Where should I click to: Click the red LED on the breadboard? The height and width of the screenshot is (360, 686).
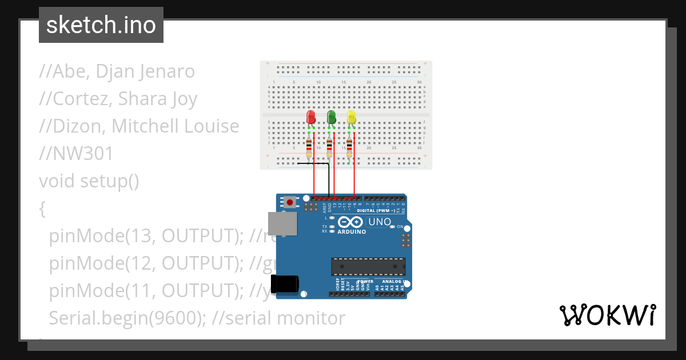[311, 117]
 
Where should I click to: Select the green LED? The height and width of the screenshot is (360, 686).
[331, 117]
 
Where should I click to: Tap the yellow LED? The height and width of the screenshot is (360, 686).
[351, 117]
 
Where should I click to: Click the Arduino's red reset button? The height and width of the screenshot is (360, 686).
[290, 202]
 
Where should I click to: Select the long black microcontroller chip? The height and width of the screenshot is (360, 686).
[368, 267]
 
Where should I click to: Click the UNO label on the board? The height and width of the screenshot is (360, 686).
[380, 222]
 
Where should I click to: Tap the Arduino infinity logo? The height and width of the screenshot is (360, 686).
[350, 222]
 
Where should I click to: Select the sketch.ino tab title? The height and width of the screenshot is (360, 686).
[101, 25]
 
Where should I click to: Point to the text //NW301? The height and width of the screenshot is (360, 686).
[76, 154]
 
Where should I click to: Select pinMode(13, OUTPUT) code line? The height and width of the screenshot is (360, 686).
[142, 236]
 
